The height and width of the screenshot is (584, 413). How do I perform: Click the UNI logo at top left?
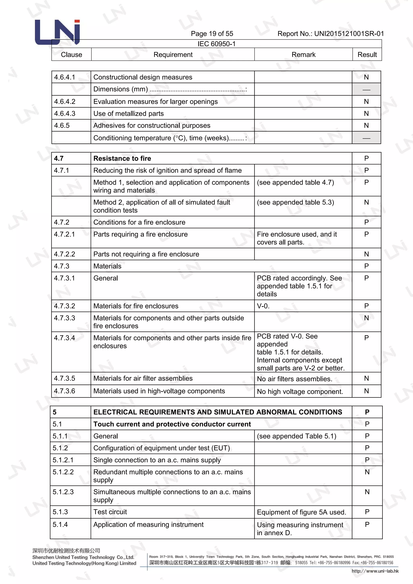pyautogui.click(x=57, y=32)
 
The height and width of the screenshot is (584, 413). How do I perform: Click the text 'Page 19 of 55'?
pyautogui.click(x=212, y=33)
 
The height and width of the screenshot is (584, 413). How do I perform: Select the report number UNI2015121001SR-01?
pyautogui.click(x=349, y=33)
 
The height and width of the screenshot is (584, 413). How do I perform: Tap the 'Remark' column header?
pyautogui.click(x=303, y=55)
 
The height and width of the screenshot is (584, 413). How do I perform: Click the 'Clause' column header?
pyautogui.click(x=71, y=55)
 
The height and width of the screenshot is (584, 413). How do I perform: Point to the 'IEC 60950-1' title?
pyautogui.click(x=216, y=44)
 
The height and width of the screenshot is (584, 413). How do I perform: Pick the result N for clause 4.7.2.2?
pyautogui.click(x=366, y=254)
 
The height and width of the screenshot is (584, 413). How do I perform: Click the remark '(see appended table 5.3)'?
pyautogui.click(x=295, y=202)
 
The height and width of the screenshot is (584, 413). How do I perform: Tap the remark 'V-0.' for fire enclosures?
pyautogui.click(x=263, y=306)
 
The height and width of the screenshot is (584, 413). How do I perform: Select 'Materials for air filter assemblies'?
pyautogui.click(x=143, y=378)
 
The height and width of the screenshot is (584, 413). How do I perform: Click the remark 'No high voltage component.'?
pyautogui.click(x=300, y=391)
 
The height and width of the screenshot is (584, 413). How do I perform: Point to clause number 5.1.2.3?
pyautogui.click(x=63, y=492)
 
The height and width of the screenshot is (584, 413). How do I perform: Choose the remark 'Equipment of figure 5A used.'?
pyautogui.click(x=301, y=512)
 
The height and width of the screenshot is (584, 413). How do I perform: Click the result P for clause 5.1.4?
pyautogui.click(x=367, y=525)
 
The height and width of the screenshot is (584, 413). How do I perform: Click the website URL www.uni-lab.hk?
pyautogui.click(x=375, y=571)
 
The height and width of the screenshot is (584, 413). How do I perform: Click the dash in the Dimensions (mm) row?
pyautogui.click(x=366, y=90)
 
